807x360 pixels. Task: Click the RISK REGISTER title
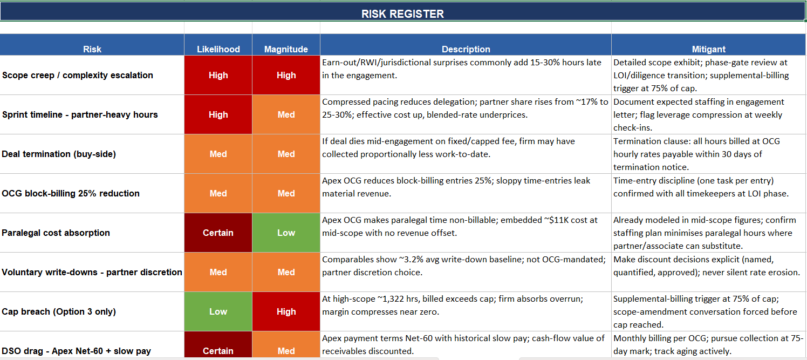tap(402, 13)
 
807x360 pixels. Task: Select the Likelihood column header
tap(218, 49)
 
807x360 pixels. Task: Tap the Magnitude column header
tap(286, 49)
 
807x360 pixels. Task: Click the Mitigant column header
tap(708, 49)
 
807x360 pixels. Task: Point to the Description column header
tap(466, 49)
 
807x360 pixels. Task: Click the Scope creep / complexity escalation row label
tap(78, 75)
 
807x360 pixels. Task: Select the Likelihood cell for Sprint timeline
tap(218, 114)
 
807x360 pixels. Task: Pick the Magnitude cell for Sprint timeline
tap(286, 114)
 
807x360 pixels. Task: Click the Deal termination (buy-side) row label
tap(59, 154)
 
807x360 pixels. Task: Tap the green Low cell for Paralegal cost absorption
tap(286, 233)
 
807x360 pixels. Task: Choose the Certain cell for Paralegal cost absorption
tap(218, 233)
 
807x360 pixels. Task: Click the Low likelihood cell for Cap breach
tap(218, 311)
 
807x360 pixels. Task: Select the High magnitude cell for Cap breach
tap(286, 311)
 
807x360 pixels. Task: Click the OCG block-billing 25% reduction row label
tap(71, 193)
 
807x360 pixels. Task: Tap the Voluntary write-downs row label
tap(92, 272)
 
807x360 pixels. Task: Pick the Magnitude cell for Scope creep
tap(286, 75)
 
